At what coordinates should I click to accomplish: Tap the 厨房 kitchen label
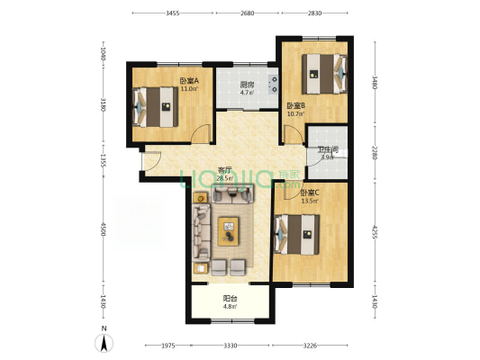246,85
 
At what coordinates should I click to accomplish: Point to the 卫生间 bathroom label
328,150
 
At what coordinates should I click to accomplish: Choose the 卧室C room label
309,193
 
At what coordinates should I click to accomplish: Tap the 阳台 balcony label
230,301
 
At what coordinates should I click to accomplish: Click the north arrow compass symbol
104,342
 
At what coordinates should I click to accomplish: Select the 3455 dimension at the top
173,13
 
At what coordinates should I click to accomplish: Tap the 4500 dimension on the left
104,230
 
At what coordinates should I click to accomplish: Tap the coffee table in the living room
229,231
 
